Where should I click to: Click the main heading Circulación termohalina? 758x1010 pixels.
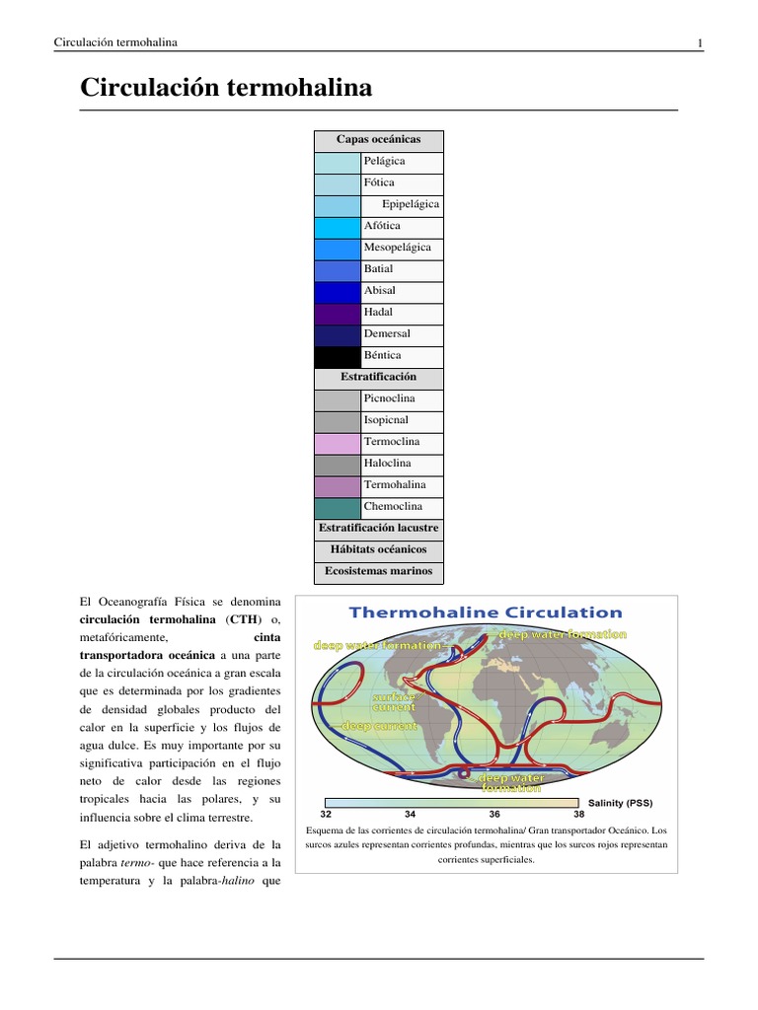click(x=226, y=88)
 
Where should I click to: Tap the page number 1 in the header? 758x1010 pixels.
click(x=699, y=42)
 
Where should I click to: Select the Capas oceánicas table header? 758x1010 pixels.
click(x=378, y=140)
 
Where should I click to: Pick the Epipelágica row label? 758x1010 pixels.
click(x=410, y=205)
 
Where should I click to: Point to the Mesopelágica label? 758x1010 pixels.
click(x=397, y=248)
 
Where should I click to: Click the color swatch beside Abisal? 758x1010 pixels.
click(x=337, y=291)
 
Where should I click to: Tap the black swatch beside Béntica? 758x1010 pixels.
click(x=337, y=356)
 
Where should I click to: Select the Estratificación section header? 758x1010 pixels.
click(x=378, y=378)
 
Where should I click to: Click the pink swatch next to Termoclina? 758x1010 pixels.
click(x=337, y=442)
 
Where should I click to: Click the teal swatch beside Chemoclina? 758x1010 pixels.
click(x=337, y=507)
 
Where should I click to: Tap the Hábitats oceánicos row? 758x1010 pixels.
click(x=378, y=549)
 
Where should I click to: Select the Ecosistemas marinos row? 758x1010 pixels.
click(x=378, y=571)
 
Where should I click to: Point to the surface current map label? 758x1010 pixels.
click(x=394, y=701)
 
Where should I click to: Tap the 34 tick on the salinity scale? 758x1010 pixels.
click(x=411, y=815)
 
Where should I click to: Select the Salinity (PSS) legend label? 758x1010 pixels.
click(x=620, y=803)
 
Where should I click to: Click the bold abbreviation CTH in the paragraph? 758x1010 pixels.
click(x=240, y=619)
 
